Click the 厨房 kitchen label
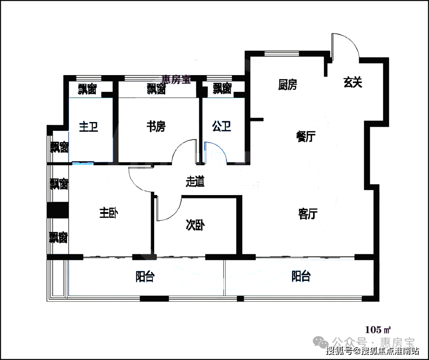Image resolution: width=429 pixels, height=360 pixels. coord(288,85)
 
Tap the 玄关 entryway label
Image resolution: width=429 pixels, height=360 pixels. coord(353,82)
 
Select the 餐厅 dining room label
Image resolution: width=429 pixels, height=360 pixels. coord(306,136)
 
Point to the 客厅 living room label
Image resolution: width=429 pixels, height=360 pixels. coord(308,213)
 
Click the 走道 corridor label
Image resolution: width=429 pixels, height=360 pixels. coord(195,182)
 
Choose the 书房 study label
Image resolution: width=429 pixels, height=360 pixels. coord(156,126)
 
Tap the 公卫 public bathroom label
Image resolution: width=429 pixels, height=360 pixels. coord(222,126)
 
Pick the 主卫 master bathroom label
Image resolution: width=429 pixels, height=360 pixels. coord(89,127)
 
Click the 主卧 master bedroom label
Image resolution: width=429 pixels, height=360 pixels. coord(108,213)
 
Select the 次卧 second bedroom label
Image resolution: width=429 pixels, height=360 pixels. coord(195,225)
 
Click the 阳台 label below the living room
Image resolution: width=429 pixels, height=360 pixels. coord(301,276)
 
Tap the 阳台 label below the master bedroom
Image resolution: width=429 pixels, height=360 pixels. coord(145,277)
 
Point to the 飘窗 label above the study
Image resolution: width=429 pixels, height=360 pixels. coord(156,89)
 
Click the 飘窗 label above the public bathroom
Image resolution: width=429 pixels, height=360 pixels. coord(222,89)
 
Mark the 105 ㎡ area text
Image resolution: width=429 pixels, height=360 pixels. coord(378,330)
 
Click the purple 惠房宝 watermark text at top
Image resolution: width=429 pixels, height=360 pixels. coord(176,79)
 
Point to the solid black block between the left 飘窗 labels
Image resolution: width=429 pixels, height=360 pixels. coord(58,210)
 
